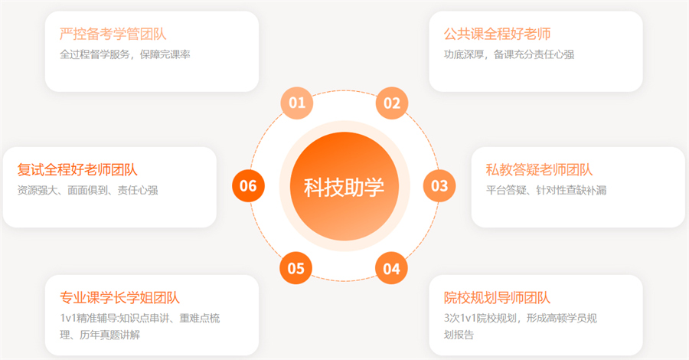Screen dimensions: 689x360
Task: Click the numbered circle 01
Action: [296, 103]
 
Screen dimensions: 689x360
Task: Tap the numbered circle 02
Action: [392, 103]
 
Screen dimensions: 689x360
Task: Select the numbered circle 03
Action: [439, 186]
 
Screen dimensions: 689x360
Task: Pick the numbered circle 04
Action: [391, 268]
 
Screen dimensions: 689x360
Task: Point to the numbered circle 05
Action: [296, 268]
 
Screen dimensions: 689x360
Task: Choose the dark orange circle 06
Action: [248, 186]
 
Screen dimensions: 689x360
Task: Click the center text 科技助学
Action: [344, 187]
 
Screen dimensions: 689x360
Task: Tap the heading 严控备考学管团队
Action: [113, 34]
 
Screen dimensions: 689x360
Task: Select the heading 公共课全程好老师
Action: [497, 34]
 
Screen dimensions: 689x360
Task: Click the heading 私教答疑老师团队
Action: [539, 170]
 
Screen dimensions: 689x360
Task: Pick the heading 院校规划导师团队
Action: [497, 298]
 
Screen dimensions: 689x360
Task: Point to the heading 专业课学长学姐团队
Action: [120, 298]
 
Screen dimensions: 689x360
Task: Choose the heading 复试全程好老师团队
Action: [77, 170]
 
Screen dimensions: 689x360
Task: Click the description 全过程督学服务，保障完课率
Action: [126, 54]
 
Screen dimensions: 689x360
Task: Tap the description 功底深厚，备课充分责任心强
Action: [509, 54]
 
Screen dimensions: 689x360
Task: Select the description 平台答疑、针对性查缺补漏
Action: [546, 190]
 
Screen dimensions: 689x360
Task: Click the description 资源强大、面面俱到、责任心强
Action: [88, 190]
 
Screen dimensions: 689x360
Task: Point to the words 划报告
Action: [459, 335]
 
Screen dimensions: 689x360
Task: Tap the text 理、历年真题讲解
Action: [100, 335]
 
